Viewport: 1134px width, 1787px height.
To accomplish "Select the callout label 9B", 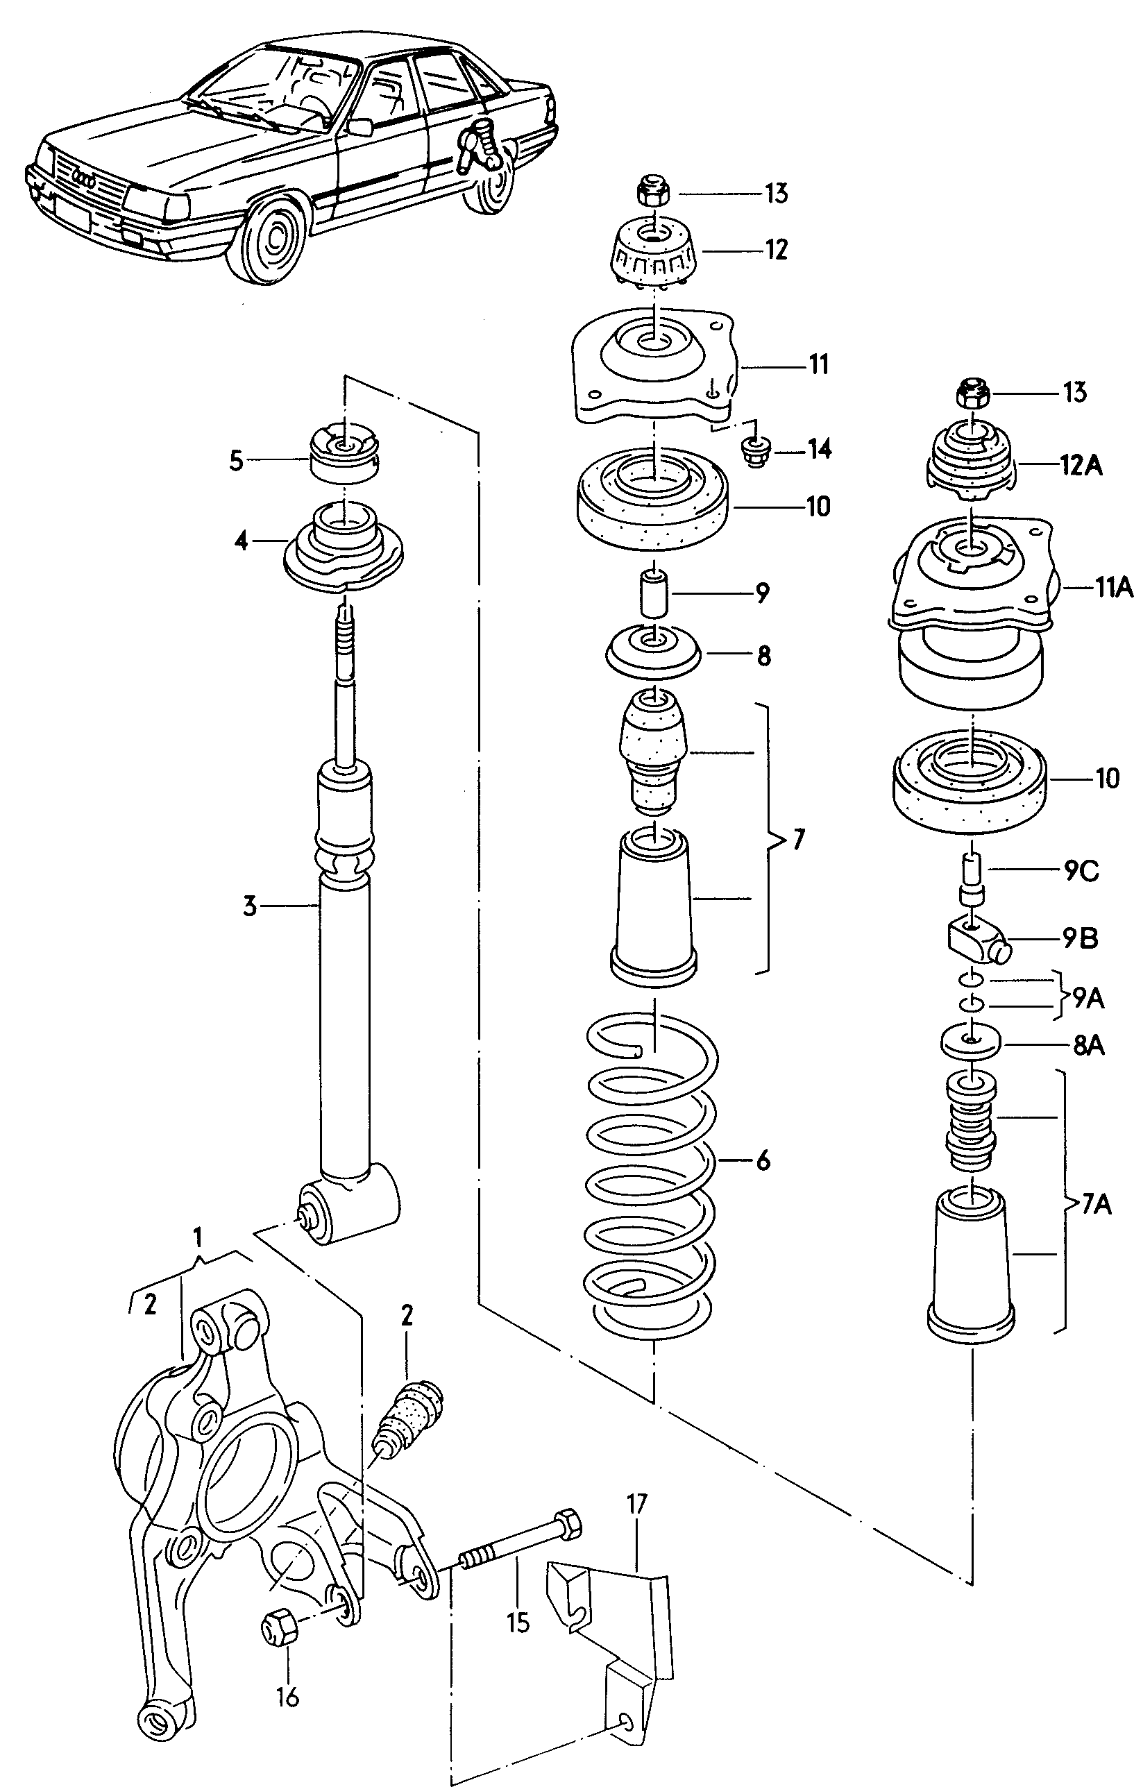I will point(1080,938).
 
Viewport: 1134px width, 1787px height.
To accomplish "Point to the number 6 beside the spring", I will point(763,1160).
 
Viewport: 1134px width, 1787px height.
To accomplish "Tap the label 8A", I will point(1088,1047).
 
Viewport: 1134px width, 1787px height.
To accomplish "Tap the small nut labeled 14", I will point(755,450).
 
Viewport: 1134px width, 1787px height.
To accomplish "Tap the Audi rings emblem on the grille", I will point(84,180).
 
